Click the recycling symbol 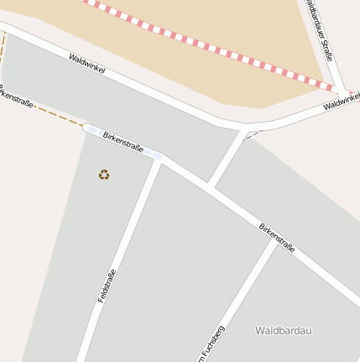coord(104,175)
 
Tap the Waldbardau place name coord(283,331)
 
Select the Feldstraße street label coord(106,286)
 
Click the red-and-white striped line coord(210,45)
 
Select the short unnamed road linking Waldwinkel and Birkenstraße coord(227,159)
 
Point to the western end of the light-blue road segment coord(86,128)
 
